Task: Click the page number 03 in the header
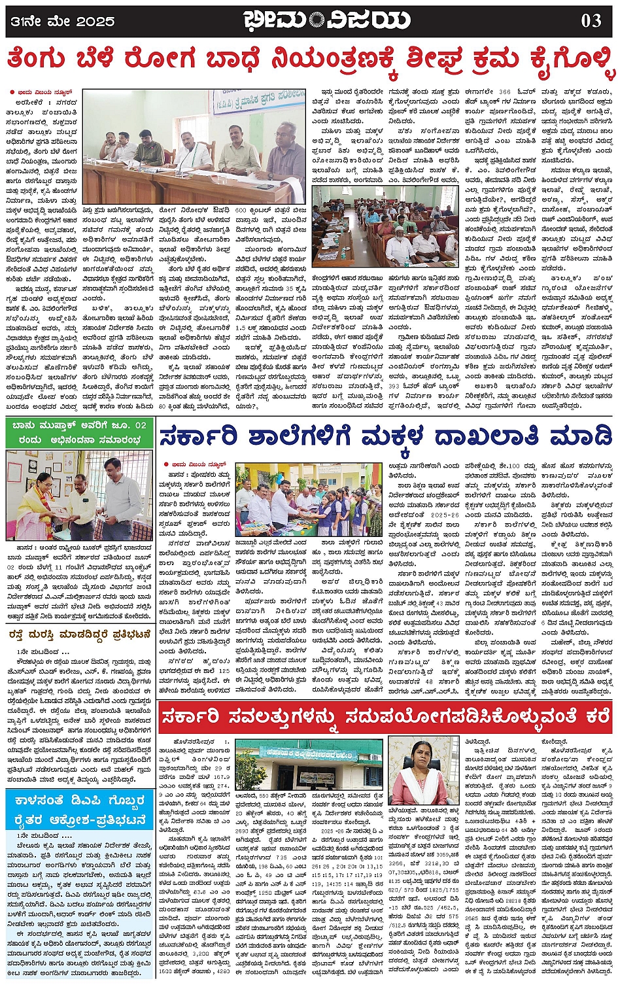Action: coord(591,20)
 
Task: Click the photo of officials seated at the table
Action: coord(194,147)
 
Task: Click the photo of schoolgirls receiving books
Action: coord(308,500)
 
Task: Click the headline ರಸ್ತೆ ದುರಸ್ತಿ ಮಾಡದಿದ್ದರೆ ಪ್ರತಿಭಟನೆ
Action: coord(80,634)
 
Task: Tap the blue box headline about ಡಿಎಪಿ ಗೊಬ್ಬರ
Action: coord(80,812)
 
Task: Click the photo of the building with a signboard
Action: coord(308,763)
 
